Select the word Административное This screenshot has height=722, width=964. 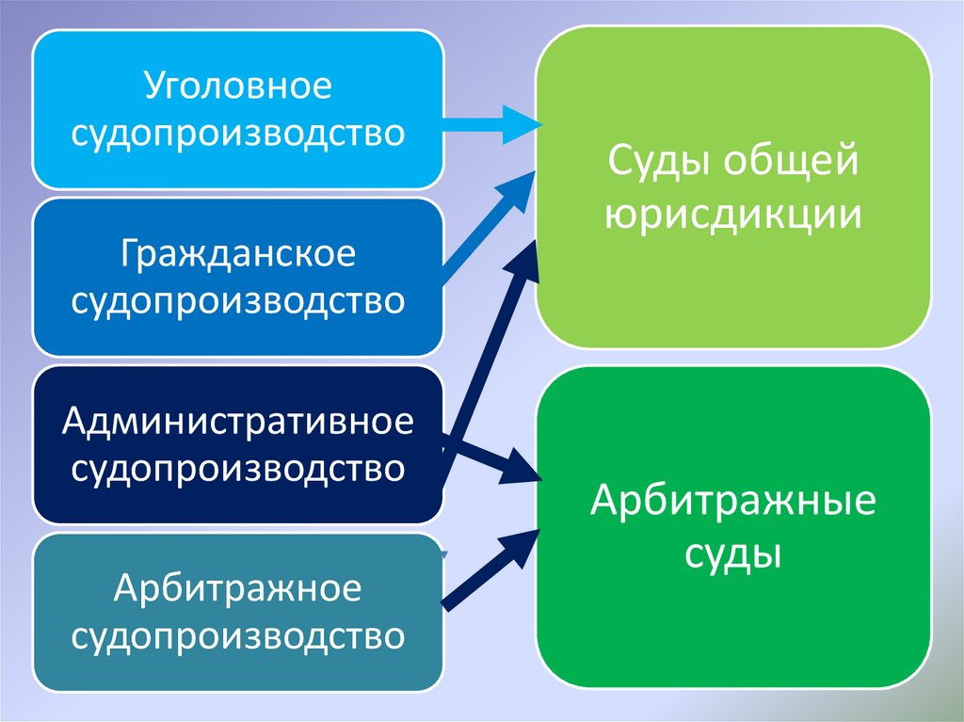click(x=237, y=422)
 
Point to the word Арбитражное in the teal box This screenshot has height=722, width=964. click(x=237, y=590)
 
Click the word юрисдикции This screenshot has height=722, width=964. click(x=733, y=216)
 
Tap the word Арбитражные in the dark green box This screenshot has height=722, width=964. click(x=733, y=501)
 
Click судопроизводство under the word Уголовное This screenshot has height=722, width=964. click(x=237, y=132)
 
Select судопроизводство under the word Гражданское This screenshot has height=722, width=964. click(x=237, y=300)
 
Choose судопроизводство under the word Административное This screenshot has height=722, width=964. click(x=237, y=468)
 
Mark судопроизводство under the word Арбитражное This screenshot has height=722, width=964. click(x=237, y=636)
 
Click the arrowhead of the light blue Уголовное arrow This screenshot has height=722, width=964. click(x=518, y=124)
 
